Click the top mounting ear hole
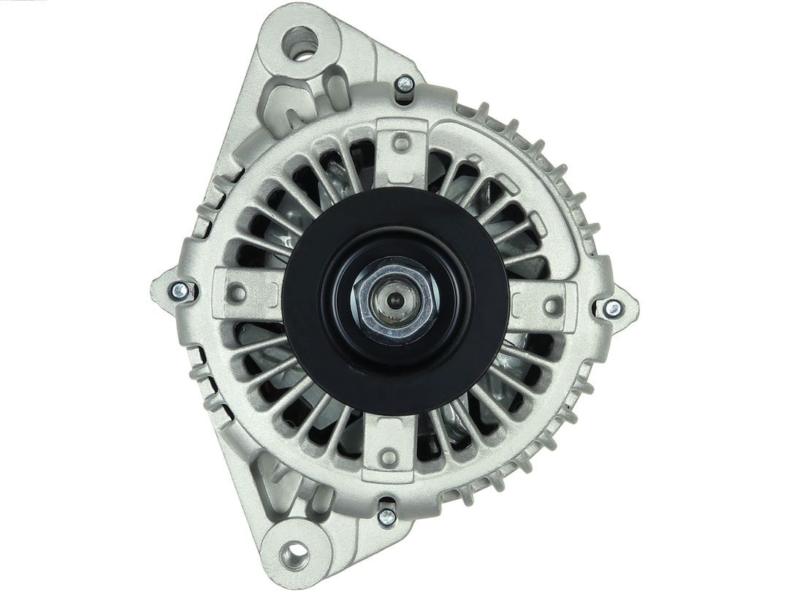click(x=300, y=42)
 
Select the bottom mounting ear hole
click(x=296, y=555)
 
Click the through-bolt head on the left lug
click(x=180, y=292)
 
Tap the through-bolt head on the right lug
click(x=613, y=308)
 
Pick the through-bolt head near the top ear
click(x=404, y=85)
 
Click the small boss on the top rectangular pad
click(x=400, y=143)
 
